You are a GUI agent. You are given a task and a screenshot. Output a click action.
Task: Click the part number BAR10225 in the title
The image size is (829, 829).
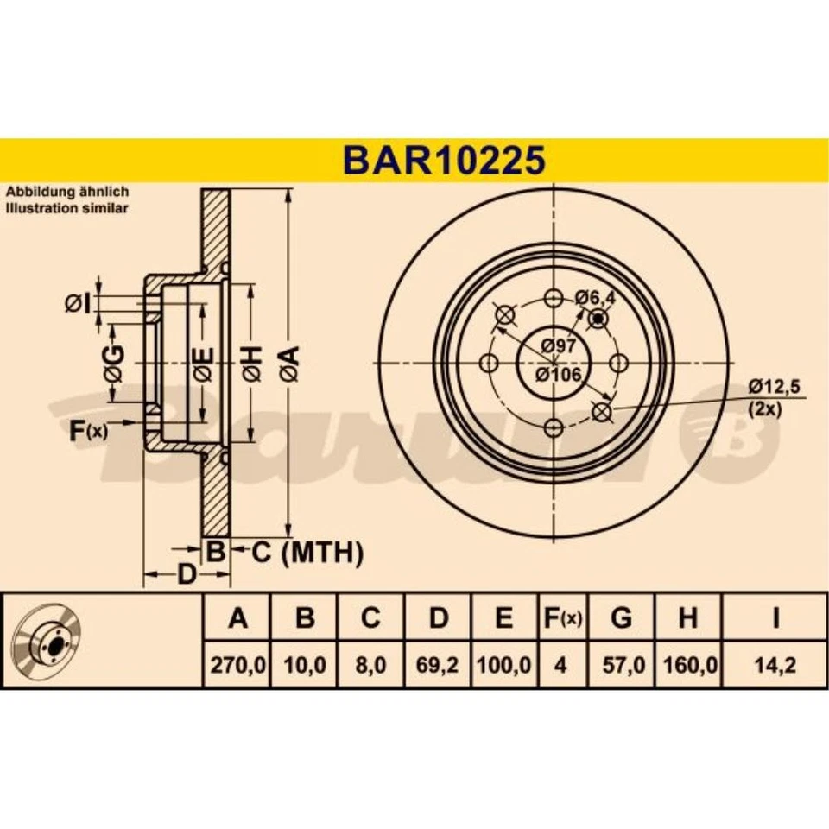point(444,160)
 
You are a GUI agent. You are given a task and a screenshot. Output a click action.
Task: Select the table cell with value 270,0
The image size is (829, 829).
point(237,666)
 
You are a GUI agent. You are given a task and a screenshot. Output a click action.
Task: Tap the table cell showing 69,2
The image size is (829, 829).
point(439,666)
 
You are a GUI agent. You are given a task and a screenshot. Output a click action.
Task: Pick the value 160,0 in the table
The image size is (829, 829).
point(688,666)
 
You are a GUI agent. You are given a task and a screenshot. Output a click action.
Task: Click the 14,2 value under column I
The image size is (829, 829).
point(775,666)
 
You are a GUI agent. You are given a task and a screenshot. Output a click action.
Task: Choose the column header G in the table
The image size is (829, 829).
point(621,618)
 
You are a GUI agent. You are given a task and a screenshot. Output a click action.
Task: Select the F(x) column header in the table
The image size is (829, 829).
point(560,618)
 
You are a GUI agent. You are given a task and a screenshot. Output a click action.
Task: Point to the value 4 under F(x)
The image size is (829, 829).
point(560,666)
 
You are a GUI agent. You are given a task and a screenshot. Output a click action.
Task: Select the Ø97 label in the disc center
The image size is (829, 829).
point(558,346)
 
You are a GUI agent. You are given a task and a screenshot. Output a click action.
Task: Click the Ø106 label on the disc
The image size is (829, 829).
point(557,374)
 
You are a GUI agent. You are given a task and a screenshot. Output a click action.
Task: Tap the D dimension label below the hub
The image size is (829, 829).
point(186,574)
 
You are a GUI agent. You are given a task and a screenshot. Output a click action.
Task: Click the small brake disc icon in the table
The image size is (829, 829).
point(49,641)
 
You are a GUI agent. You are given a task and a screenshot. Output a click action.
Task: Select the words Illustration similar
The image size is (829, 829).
point(67,209)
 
